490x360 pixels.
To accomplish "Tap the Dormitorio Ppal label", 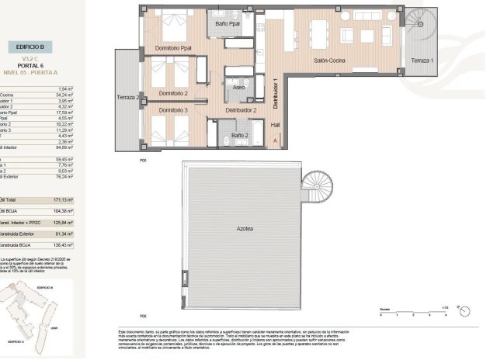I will point(173,49).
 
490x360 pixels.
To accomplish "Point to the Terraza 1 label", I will point(423,60).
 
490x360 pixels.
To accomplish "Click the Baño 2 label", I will point(240,136).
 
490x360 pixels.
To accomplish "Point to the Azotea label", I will point(248,230).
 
